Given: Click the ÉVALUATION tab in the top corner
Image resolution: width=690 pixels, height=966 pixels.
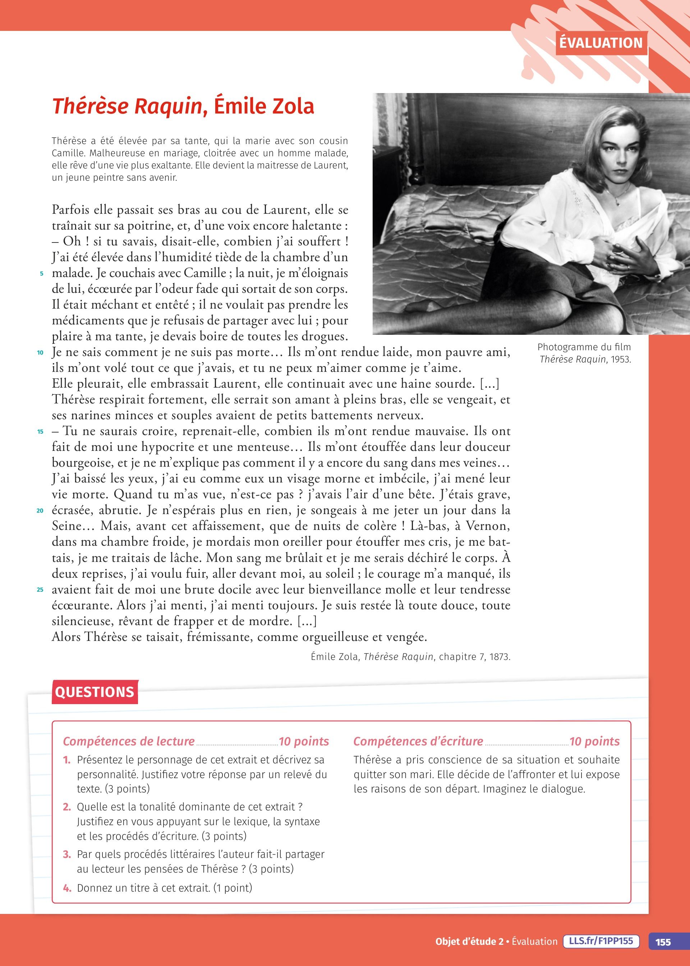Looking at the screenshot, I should click(601, 43).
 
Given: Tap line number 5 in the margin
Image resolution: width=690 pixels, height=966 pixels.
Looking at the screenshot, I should click(42, 274).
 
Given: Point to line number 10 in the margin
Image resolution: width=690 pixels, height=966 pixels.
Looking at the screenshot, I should click(40, 352).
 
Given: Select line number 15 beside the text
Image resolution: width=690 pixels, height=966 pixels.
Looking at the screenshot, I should click(40, 432).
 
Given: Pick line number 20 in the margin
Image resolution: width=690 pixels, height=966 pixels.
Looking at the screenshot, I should click(40, 511).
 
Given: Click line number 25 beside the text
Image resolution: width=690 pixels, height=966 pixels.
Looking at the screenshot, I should click(40, 590).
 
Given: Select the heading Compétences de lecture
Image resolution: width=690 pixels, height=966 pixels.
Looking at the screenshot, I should click(129, 741).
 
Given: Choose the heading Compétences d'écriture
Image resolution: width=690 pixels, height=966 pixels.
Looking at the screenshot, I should click(418, 741).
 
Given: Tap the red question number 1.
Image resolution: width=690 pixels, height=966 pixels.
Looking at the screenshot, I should click(67, 760).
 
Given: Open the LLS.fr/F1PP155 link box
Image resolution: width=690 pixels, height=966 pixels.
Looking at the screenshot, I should click(601, 941).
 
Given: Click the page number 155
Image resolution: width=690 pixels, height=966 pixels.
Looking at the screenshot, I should click(663, 942).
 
